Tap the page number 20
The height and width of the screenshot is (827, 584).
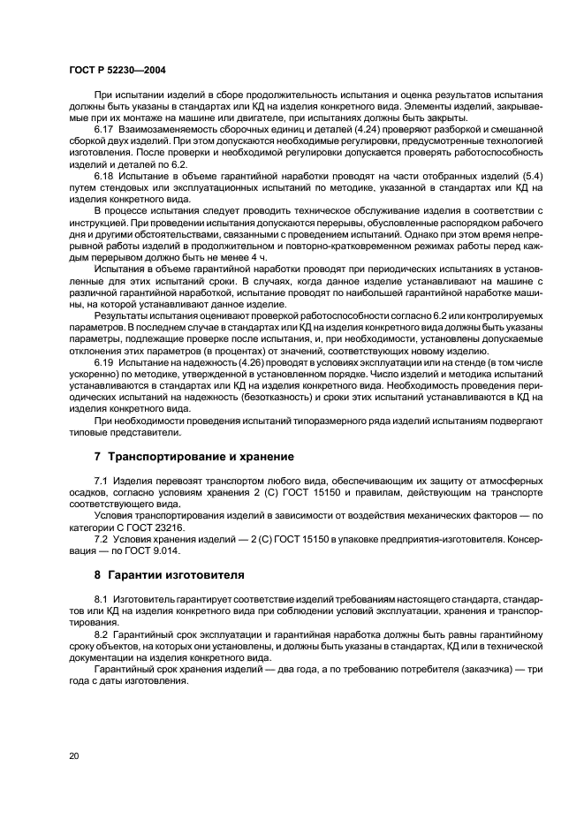pos(73,755)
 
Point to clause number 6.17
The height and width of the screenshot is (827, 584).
pos(104,129)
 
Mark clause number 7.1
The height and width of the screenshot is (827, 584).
pos(101,480)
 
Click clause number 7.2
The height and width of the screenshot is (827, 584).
pos(101,537)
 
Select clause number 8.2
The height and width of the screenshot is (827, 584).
pos(101,634)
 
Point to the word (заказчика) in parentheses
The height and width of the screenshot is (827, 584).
pos(474,669)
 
